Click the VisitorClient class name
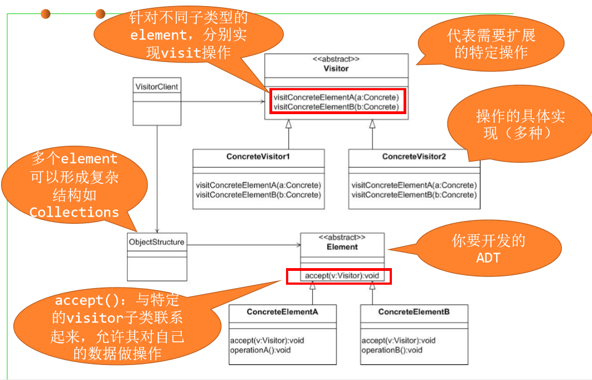click(157, 86)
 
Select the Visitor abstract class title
click(336, 69)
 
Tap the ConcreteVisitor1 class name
click(258, 157)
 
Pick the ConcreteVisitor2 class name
click(414, 157)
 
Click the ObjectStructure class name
click(157, 242)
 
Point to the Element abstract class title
click(342, 247)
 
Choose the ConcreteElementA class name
click(282, 312)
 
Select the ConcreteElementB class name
click(414, 312)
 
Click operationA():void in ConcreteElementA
click(261, 350)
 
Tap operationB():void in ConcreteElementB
click(392, 350)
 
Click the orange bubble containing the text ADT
click(488, 249)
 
